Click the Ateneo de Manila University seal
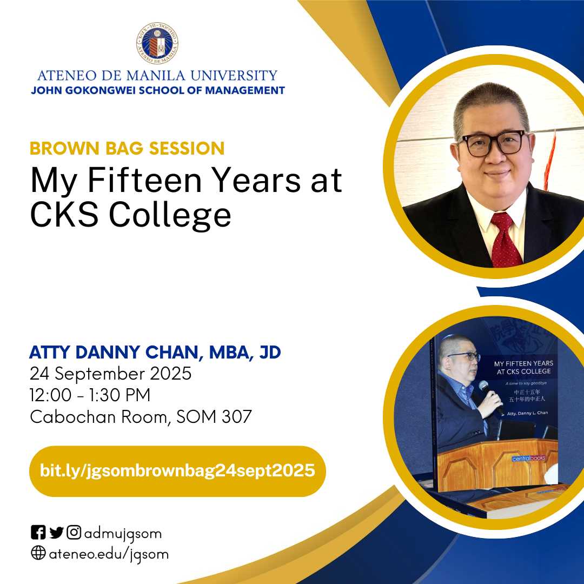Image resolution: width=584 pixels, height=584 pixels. (x=157, y=44)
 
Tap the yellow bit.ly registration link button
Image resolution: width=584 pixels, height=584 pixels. (x=177, y=470)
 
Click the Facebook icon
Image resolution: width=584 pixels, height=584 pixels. (x=38, y=533)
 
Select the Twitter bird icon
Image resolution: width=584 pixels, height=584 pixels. (x=56, y=533)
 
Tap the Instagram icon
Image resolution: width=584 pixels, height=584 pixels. (x=74, y=533)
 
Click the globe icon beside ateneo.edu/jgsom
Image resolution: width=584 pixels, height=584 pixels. (x=38, y=554)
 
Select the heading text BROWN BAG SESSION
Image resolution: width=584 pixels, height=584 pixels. (x=127, y=148)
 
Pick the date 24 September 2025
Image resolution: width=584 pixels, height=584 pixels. (x=111, y=374)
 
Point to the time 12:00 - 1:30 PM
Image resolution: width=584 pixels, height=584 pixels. (x=90, y=395)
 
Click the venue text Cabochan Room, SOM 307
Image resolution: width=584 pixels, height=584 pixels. (x=141, y=417)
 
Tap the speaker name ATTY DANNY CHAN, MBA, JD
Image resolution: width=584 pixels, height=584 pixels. (x=155, y=353)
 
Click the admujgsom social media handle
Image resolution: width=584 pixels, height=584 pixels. (x=123, y=534)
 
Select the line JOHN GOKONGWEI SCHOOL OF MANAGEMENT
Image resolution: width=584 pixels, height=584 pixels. (x=158, y=90)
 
